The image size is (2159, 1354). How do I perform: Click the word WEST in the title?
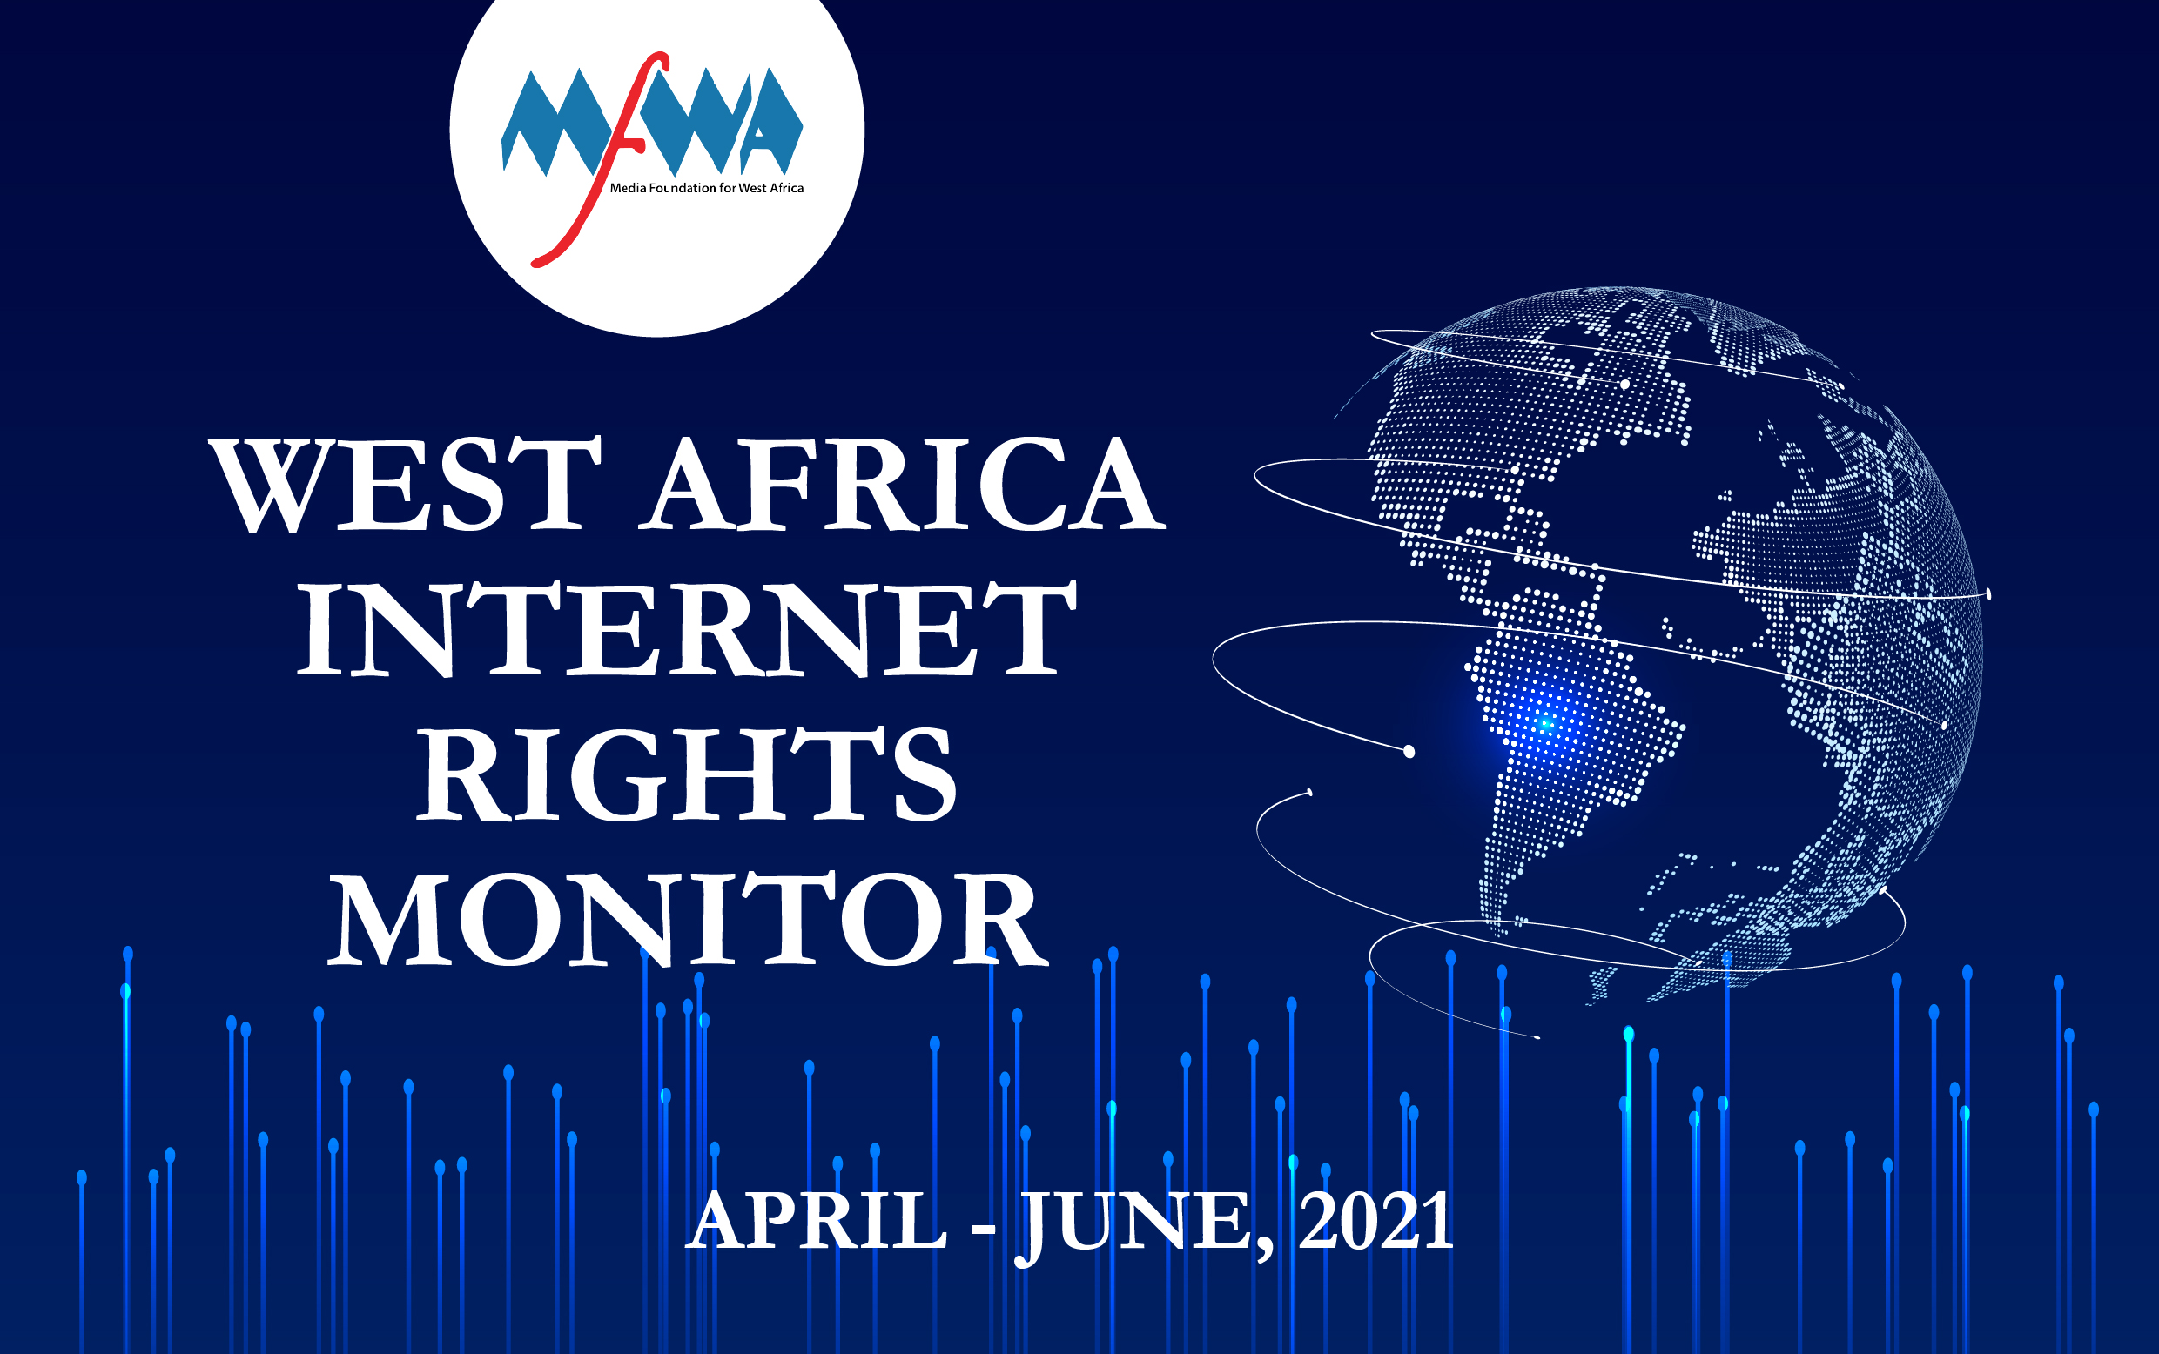click(405, 485)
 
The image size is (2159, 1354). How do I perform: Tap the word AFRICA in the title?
click(902, 485)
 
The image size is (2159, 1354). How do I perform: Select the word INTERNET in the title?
click(687, 628)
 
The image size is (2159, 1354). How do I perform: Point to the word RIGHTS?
click(687, 774)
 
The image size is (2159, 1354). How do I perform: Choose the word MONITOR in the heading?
click(687, 920)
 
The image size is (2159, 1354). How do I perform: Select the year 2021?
click(1376, 1221)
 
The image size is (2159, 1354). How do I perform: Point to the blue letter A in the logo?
click(770, 123)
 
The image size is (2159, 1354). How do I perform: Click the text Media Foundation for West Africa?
click(707, 188)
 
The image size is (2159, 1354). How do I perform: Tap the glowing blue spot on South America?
click(1544, 722)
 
